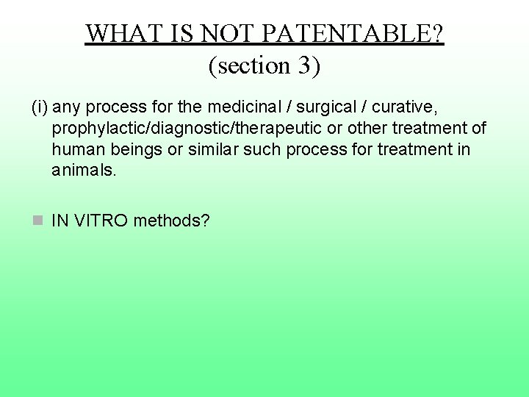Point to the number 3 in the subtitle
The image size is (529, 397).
(304, 66)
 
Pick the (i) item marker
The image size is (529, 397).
(40, 108)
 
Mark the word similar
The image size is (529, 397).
(214, 150)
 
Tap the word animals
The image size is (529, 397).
(84, 171)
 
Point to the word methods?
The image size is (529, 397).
(172, 219)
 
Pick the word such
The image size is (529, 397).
(263, 150)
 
